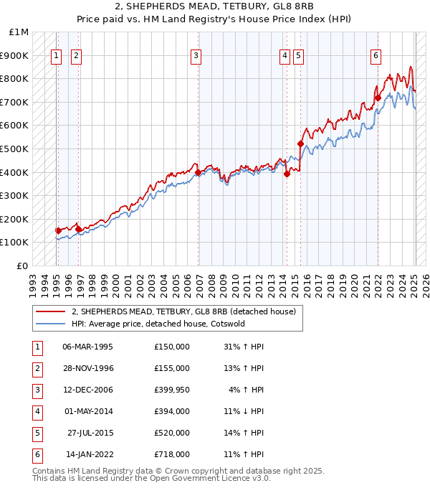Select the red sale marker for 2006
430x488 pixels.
click(197, 172)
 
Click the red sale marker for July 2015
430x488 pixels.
click(300, 144)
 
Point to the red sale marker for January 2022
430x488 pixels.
click(378, 98)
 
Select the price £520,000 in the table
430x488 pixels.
click(172, 433)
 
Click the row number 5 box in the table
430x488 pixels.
click(37, 433)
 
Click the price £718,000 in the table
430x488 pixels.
click(172, 454)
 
